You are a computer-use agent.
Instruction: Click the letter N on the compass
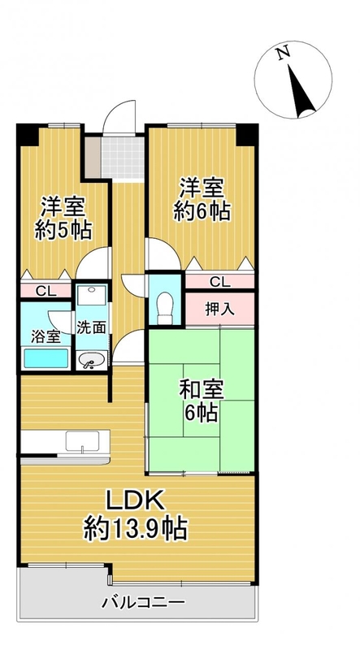pos(284,54)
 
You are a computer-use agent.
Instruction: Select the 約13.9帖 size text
pos(136,529)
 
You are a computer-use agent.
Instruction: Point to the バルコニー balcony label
pos(143,601)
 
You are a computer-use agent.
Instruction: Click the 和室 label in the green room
pos(202,391)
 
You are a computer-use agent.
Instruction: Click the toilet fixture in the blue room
pos(165,308)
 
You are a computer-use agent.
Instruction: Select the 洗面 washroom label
pos(91,327)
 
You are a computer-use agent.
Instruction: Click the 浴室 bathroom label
pos(46,336)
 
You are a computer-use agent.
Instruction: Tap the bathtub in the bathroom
pos(46,358)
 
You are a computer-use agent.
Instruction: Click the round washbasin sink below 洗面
pos(92,361)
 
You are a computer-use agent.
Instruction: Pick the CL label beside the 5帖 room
pos(46,291)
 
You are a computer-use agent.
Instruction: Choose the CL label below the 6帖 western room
pos(219,282)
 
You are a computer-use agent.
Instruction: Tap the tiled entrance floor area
pos(123,158)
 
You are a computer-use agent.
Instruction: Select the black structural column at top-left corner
pos(28,134)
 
